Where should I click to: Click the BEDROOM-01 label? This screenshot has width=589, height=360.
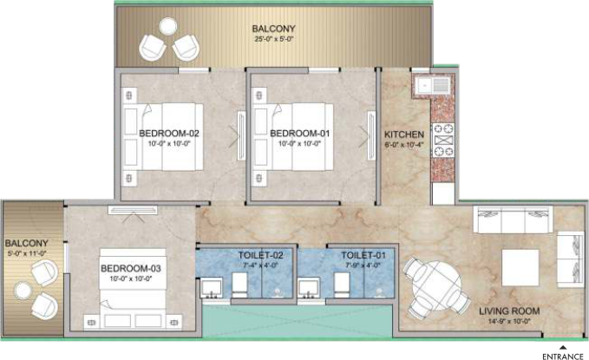click(300, 134)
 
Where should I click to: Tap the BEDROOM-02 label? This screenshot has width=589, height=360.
click(169, 134)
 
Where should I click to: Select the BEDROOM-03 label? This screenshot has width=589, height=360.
click(131, 269)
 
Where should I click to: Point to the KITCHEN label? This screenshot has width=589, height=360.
click(404, 134)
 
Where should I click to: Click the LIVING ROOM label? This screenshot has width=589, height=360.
click(509, 311)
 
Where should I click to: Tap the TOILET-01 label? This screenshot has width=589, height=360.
click(363, 256)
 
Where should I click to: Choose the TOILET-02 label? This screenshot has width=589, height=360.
click(260, 256)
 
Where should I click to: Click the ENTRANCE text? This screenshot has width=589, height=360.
click(563, 357)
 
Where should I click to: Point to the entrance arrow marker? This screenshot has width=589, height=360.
click(563, 347)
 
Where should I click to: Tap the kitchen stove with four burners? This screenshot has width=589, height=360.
click(443, 141)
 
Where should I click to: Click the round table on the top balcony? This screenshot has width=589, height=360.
click(167, 27)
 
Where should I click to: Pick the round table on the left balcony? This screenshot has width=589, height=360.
click(23, 291)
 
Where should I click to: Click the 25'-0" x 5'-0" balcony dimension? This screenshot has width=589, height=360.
click(273, 39)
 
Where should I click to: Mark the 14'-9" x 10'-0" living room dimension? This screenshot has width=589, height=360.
click(509, 322)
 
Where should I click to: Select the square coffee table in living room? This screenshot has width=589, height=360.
click(520, 268)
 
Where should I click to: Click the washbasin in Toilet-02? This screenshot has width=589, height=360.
click(211, 289)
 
